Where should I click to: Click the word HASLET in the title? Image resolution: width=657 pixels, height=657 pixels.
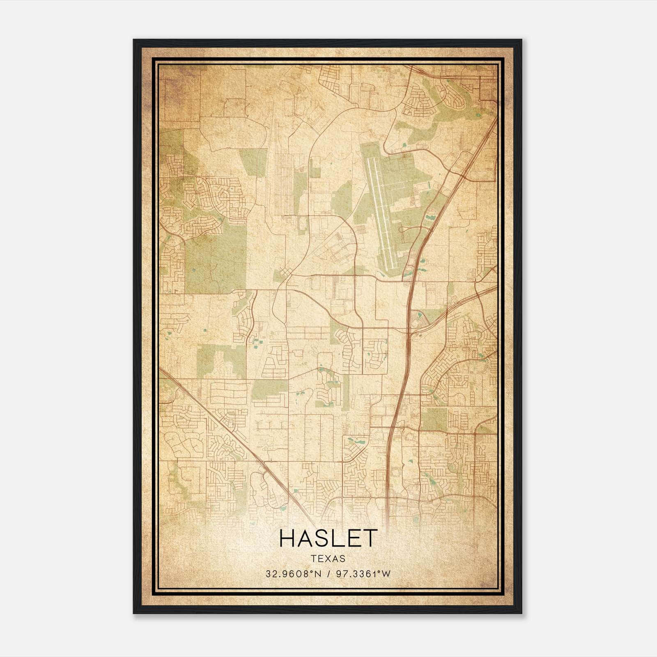(328, 538)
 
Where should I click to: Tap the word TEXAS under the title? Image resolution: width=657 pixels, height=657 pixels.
(328, 558)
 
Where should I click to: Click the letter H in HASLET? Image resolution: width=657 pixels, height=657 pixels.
(287, 538)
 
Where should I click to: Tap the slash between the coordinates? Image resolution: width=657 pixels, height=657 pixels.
(328, 574)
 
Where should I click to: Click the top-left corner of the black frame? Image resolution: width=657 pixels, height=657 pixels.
(134, 40)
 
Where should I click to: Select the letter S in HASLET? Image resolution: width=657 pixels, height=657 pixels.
(320, 538)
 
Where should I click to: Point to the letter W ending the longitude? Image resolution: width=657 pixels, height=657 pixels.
(386, 574)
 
